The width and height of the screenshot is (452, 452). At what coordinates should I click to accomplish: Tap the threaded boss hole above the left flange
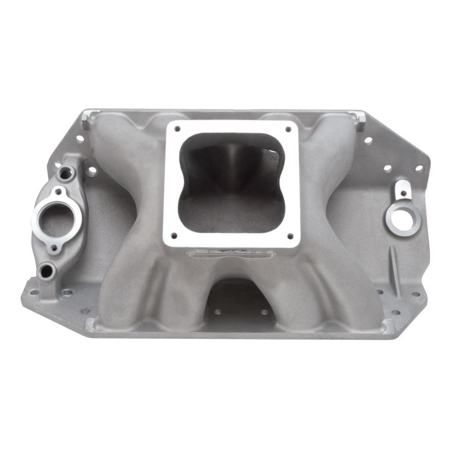tap(65, 172)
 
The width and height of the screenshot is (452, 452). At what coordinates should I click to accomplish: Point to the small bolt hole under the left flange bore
tap(54, 247)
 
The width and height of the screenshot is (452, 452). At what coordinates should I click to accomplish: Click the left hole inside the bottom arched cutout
tap(218, 311)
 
